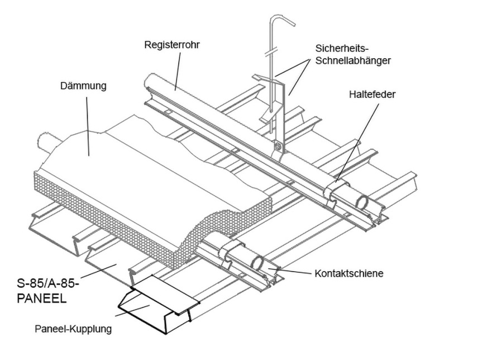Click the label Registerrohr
171,44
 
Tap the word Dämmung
83,86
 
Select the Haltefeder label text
371,94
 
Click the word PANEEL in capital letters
42,299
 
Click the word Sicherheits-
346,48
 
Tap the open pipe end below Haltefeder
362,202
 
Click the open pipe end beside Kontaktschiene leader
259,262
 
